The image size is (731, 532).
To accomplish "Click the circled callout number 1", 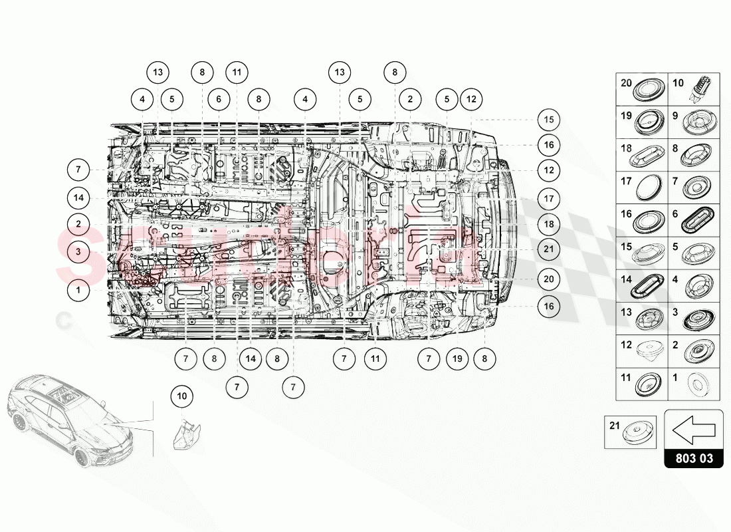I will point(78,290).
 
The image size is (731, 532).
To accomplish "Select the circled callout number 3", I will point(78,251).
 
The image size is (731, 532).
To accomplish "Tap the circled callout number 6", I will point(218,99).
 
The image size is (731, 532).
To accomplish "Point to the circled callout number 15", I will point(548,120).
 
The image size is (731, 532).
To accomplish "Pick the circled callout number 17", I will point(548,198).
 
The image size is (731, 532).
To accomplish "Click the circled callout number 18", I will point(548,224).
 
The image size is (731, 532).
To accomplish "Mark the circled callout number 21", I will point(548,250).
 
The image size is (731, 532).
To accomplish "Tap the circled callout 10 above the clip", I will point(182,396).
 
